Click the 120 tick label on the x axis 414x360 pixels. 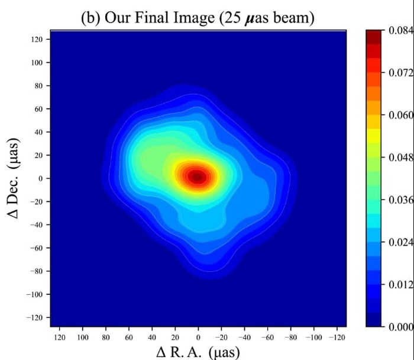pos(59,337)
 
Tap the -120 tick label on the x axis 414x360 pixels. pos(337,337)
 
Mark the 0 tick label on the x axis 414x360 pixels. pos(198,337)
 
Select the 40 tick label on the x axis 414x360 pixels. pos(152,337)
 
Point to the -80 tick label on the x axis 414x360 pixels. pos(290,337)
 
